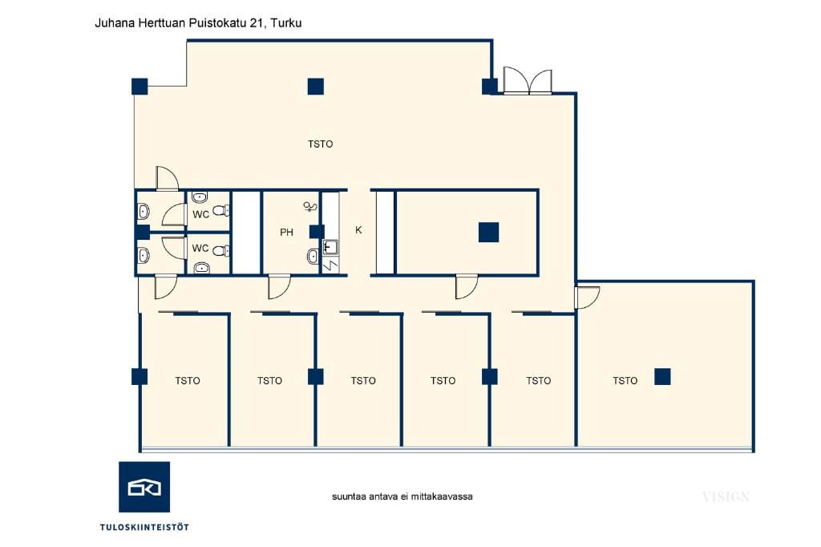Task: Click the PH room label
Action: (x=286, y=232)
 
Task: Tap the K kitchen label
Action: (x=358, y=230)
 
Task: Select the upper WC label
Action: (x=200, y=214)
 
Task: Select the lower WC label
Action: (x=200, y=248)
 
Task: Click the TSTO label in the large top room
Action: (x=321, y=144)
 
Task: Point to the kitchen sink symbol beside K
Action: (x=330, y=247)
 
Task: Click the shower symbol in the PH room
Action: (x=310, y=206)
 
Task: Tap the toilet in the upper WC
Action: (x=221, y=211)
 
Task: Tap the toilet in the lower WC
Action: (x=221, y=251)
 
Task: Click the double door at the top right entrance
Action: (x=528, y=82)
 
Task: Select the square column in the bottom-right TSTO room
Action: (x=662, y=377)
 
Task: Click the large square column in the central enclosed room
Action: (x=488, y=232)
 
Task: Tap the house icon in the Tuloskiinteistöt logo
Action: (x=144, y=488)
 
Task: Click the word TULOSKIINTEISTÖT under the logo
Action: (x=144, y=527)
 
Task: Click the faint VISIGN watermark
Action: (x=726, y=496)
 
